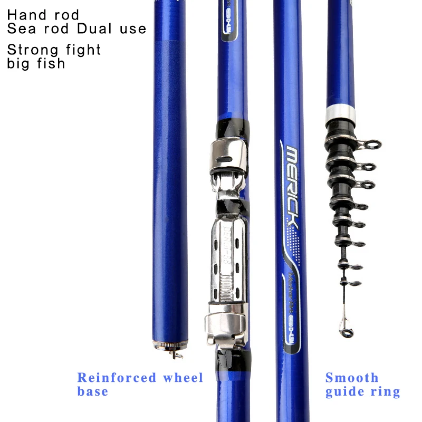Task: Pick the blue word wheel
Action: tap(183, 378)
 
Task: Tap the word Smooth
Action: tap(352, 378)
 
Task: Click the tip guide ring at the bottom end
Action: tap(346, 332)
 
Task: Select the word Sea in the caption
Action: tap(18, 28)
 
